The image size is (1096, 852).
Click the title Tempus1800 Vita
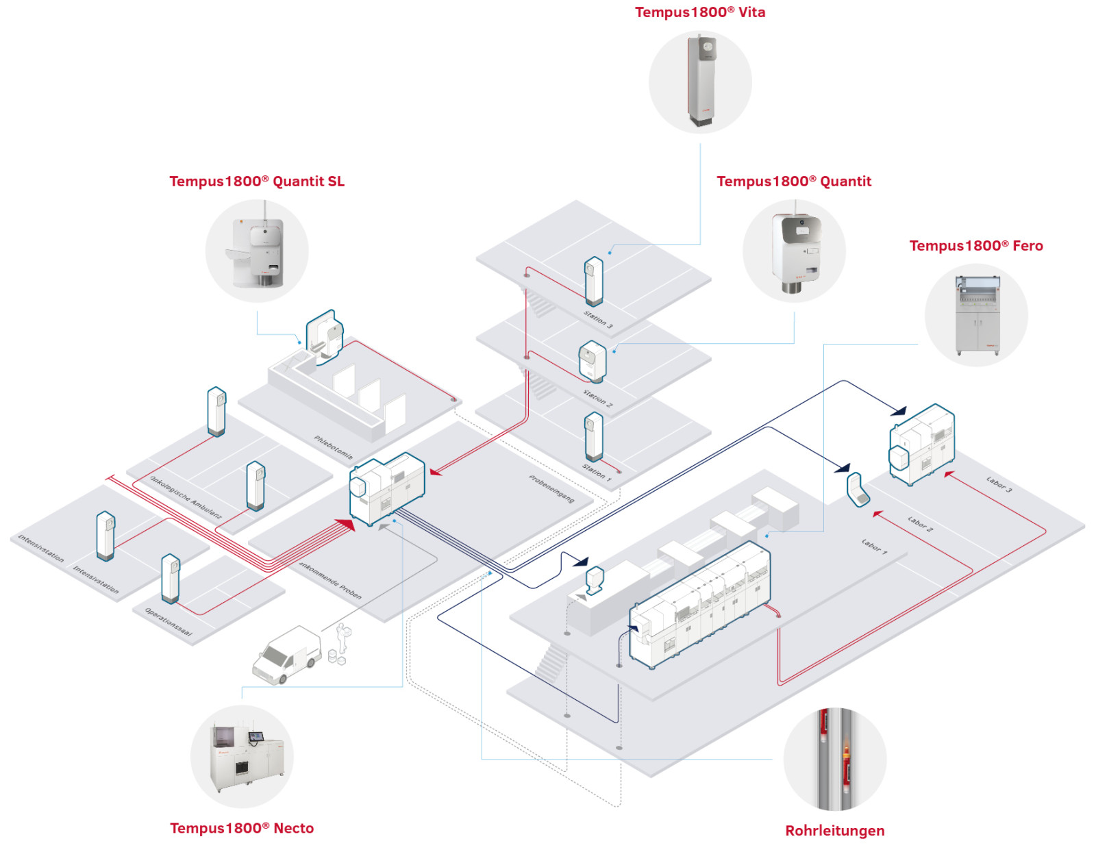pos(699,12)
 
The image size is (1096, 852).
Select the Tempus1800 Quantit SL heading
pos(257,181)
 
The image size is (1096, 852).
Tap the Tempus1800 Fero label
pos(975,246)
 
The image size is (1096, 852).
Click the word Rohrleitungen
pos(834,831)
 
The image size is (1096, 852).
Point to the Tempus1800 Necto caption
pos(242,828)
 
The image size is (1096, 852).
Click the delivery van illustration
pos(286,655)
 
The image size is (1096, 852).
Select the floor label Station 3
pos(598,319)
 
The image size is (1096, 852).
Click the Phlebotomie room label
pos(333,447)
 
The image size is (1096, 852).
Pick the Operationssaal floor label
pos(169,622)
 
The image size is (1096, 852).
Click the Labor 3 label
pos(999,484)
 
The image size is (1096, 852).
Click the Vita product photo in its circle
pos(700,82)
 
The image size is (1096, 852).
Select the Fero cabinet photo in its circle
pos(976,315)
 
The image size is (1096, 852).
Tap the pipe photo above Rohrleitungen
pos(834,759)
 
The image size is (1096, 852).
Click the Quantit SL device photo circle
pos(257,251)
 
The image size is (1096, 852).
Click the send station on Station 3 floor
pos(593,281)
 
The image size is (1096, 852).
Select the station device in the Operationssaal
pos(170,578)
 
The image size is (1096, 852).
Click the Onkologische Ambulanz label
pos(186,497)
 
